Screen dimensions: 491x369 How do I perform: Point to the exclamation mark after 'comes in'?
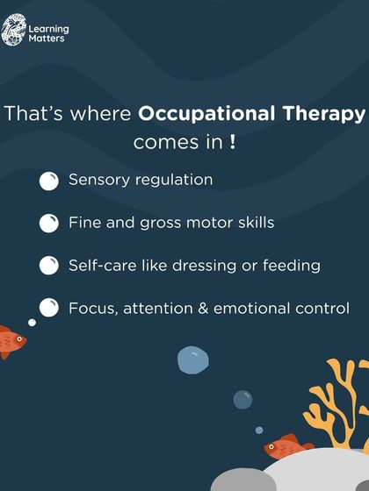[232, 142]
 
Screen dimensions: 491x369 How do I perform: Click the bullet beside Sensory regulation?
[49, 181]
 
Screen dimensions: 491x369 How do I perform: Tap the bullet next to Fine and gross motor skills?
[49, 223]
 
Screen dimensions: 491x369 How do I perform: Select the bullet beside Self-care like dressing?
[49, 266]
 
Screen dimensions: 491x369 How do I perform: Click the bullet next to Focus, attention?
[49, 309]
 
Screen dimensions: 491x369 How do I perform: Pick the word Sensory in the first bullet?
[97, 180]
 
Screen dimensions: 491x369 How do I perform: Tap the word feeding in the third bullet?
[295, 265]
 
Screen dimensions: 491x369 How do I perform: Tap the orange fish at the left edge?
[11, 340]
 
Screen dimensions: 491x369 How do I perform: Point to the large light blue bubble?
[192, 360]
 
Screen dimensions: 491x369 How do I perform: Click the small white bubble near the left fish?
[33, 323]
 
